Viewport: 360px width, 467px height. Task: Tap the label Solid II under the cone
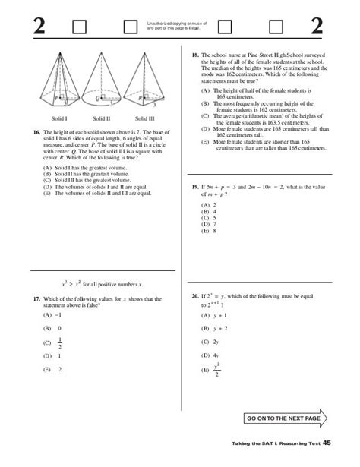click(x=103, y=118)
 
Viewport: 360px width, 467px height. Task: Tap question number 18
click(x=194, y=55)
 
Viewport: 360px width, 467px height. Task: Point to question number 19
click(x=194, y=187)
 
